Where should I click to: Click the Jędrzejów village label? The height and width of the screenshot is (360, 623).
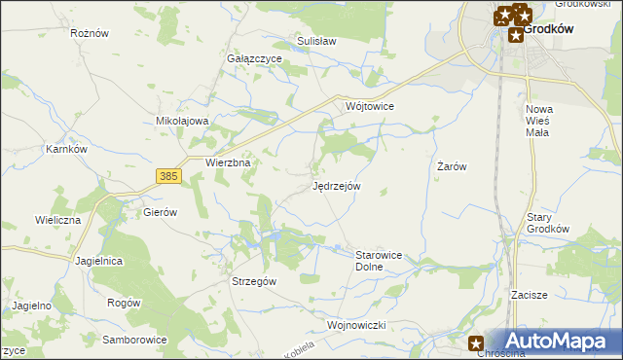(337, 185)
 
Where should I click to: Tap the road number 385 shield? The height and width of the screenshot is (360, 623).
(167, 175)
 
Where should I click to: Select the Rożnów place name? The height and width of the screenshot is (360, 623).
(89, 32)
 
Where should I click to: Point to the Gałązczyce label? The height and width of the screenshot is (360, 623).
(254, 58)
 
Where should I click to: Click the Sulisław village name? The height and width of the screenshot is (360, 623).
(316, 42)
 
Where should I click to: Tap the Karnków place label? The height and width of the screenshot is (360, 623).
(67, 150)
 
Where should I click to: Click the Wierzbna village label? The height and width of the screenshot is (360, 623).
(229, 163)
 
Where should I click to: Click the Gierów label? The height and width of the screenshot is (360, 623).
(160, 211)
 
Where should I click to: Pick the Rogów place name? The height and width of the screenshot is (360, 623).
(125, 303)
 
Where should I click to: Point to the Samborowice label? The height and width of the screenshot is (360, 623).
(134, 340)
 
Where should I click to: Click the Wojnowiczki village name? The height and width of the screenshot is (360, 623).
(358, 324)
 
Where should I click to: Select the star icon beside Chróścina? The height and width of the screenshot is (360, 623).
(476, 342)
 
